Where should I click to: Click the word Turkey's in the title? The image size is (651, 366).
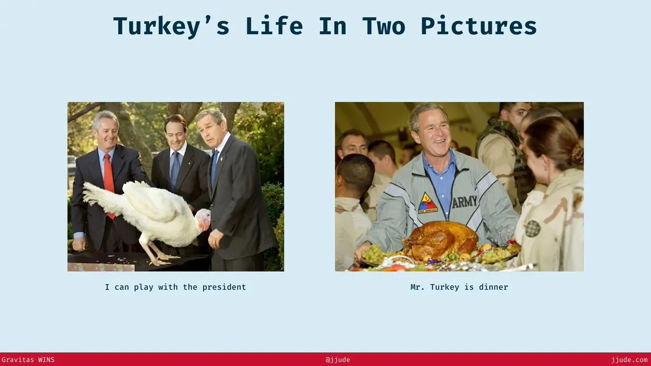coord(171,27)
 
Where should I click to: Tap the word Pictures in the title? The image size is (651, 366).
coord(479,26)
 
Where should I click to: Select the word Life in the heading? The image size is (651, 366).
coord(275,26)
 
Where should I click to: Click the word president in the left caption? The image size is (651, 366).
coord(224,287)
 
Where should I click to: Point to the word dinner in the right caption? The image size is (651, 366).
coord(494,287)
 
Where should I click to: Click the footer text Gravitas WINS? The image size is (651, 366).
coord(28,360)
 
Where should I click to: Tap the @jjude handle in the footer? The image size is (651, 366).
coord(337,360)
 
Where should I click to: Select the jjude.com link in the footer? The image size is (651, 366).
coord(629,360)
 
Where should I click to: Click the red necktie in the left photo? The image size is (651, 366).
coord(108,183)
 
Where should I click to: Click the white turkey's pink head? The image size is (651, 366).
coord(203,219)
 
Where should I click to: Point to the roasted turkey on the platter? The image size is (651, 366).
coord(441,240)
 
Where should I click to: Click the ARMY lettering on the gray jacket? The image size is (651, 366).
coord(464,202)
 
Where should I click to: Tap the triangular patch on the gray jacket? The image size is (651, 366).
coord(427,203)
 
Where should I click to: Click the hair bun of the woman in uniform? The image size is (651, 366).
coord(577,154)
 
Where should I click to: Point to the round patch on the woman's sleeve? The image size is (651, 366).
coord(532,229)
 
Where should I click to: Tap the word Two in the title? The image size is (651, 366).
coord(384,26)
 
